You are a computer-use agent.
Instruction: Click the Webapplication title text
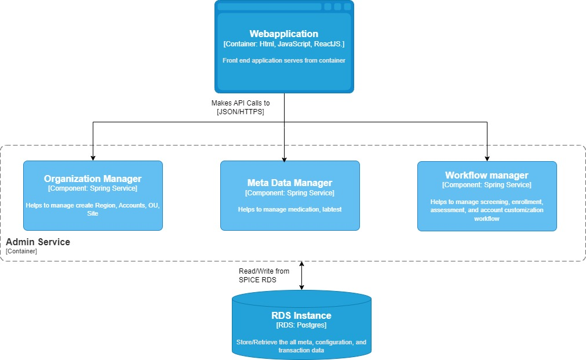283,34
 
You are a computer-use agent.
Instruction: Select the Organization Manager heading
93,179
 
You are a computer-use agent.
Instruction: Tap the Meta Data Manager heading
290,183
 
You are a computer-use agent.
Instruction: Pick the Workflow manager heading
486,175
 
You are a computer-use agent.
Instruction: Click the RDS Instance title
301,315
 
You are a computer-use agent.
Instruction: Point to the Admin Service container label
38,242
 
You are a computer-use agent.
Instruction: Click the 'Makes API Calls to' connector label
241,103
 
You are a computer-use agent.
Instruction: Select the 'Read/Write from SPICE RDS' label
264,275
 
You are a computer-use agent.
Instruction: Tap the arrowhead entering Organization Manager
93,158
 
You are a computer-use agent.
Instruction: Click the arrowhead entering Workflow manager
487,158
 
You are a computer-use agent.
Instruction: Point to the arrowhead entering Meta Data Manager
285,159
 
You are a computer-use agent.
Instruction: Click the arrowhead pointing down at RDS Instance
301,287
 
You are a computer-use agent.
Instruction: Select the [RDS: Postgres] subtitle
301,325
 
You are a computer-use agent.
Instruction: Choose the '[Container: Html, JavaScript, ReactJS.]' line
283,44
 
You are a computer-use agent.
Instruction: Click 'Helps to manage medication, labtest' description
290,209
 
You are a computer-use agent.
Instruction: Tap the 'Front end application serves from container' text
283,60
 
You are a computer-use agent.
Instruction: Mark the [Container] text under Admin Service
21,251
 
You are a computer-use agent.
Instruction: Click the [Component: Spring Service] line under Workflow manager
486,185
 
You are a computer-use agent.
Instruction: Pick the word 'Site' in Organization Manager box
93,213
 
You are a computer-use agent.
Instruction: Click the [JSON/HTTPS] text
241,112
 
